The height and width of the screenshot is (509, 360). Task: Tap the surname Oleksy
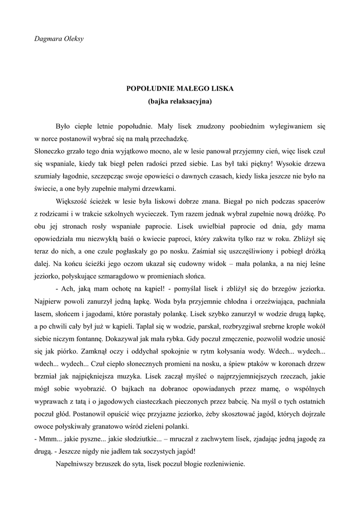click(x=73, y=38)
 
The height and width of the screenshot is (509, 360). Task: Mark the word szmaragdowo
click(x=131, y=276)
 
